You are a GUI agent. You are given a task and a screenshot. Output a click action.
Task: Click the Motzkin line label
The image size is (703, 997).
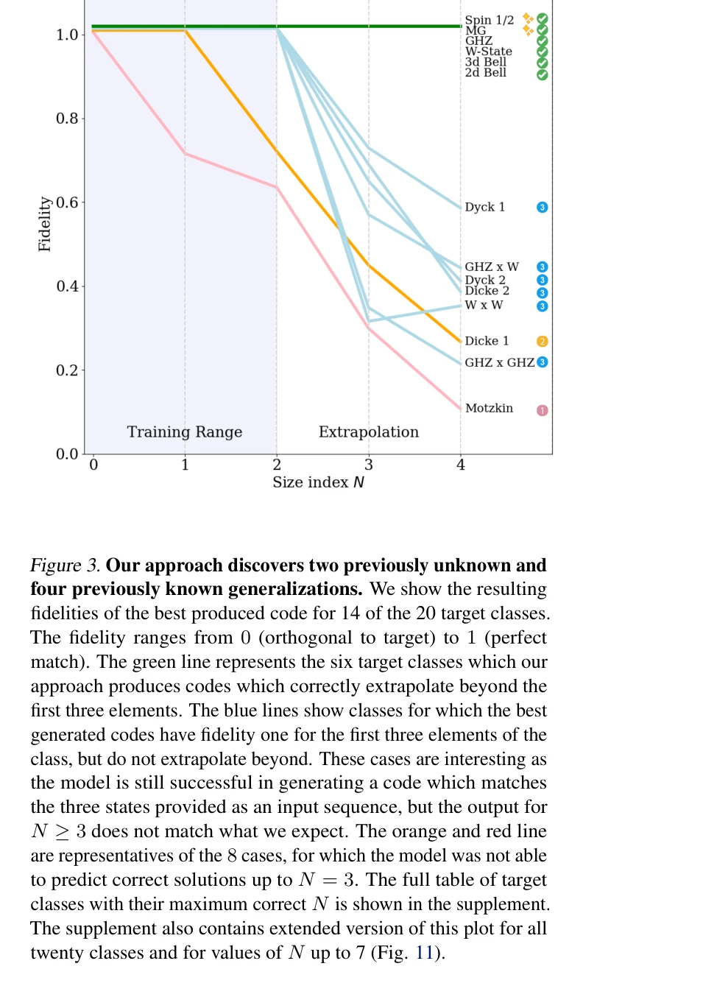[489, 408]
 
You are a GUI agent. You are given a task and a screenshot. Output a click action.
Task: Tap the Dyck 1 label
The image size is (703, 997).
[484, 207]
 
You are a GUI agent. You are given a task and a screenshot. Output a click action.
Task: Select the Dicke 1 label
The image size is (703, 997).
[487, 341]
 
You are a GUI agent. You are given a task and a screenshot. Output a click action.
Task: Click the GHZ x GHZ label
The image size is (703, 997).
[499, 362]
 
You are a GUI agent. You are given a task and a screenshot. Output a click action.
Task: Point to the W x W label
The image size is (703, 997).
[484, 305]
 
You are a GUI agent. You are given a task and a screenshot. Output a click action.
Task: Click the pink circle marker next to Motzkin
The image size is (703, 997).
[543, 410]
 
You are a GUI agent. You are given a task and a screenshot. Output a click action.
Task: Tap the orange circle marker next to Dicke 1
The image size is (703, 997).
[543, 342]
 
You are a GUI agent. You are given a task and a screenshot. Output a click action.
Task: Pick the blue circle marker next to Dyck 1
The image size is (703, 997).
[543, 208]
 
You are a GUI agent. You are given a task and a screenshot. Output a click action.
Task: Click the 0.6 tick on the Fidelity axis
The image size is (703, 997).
[67, 202]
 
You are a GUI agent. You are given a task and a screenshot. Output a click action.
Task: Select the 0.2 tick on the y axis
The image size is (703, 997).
[67, 370]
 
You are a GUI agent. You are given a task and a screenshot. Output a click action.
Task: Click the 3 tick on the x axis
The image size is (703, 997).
[369, 465]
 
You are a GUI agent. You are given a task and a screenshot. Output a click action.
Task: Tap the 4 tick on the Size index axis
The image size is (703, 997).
[461, 465]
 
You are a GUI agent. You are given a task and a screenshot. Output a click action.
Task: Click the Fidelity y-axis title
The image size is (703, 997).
[45, 224]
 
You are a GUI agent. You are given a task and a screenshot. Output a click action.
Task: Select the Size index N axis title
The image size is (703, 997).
[318, 482]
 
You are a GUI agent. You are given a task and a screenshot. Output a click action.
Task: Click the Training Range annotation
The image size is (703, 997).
[184, 432]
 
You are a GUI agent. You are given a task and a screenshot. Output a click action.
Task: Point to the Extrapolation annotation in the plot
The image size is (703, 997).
[368, 432]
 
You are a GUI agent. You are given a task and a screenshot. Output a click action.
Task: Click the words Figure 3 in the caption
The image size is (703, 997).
[65, 566]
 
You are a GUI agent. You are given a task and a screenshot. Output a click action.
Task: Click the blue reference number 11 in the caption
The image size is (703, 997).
[425, 953]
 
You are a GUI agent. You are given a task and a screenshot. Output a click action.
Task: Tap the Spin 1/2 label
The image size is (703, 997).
[489, 20]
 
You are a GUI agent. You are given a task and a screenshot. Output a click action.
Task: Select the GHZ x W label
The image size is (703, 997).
[491, 267]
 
